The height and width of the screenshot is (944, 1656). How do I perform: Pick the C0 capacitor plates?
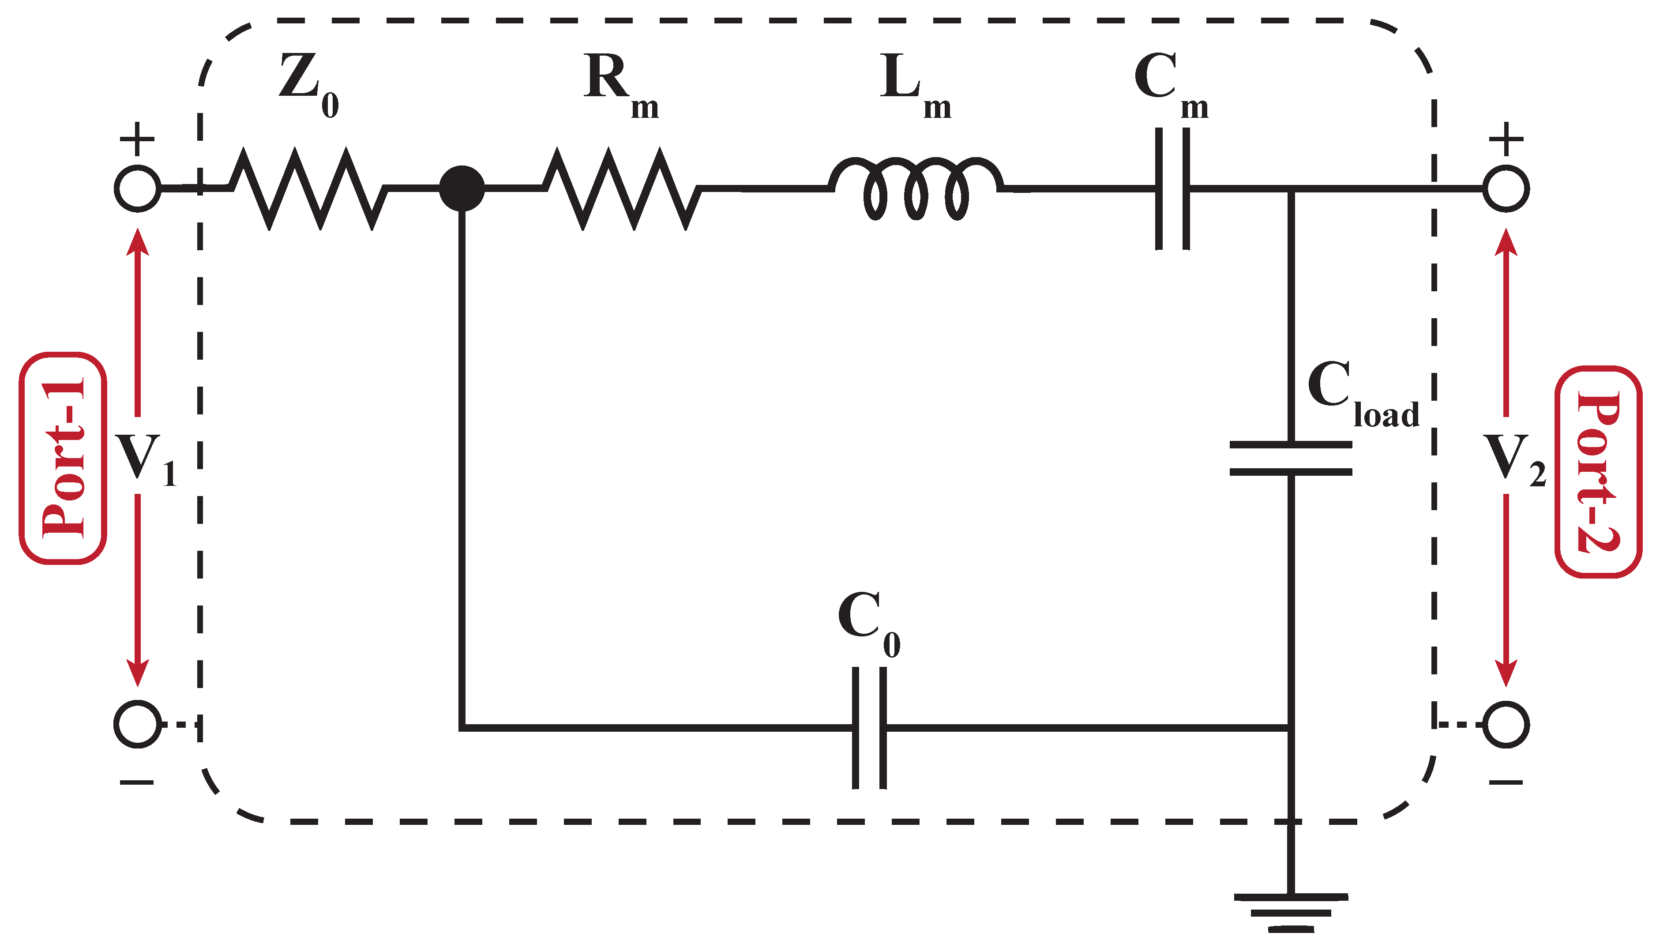coord(868,727)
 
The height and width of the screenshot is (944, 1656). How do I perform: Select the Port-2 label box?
coord(1598,471)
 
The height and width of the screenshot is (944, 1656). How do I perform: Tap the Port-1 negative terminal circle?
coord(137,724)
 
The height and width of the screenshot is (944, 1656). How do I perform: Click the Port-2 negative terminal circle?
coord(1506,724)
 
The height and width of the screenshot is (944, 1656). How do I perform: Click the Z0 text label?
coord(308,85)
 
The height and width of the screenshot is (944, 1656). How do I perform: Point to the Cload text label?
coord(1363,394)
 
